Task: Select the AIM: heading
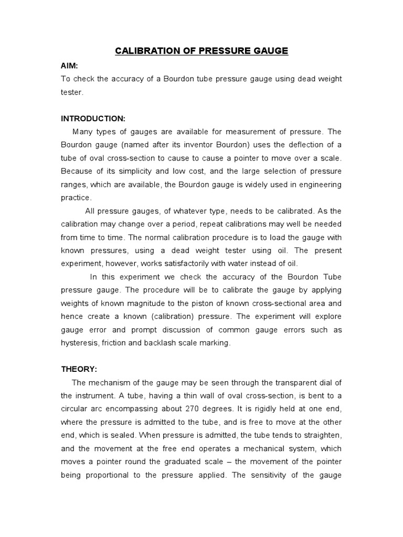point(70,65)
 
